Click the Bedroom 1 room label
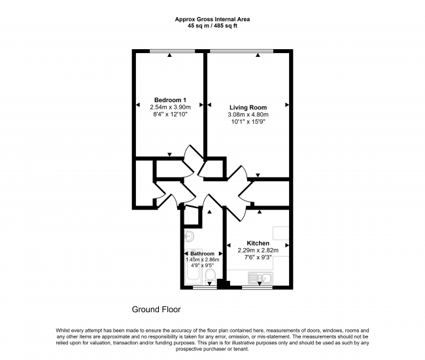tap(170, 100)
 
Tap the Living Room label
tap(248, 107)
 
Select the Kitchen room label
tap(258, 243)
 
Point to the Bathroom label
tap(202, 254)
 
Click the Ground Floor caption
tap(156, 309)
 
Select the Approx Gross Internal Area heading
tap(212, 19)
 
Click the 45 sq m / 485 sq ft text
tap(212, 26)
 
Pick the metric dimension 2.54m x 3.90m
tap(170, 107)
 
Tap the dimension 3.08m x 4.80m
tap(248, 115)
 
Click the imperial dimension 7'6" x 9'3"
tap(258, 257)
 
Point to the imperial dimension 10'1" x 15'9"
tap(248, 122)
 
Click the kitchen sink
tap(260, 278)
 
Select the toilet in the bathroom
tap(210, 276)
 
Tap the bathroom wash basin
tap(189, 236)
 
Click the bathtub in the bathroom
tap(193, 266)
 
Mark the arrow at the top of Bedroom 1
tap(169, 55)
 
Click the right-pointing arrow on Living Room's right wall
tap(287, 105)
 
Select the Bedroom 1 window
tap(172, 51)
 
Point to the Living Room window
tap(241, 51)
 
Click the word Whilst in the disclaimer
tap(63, 331)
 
